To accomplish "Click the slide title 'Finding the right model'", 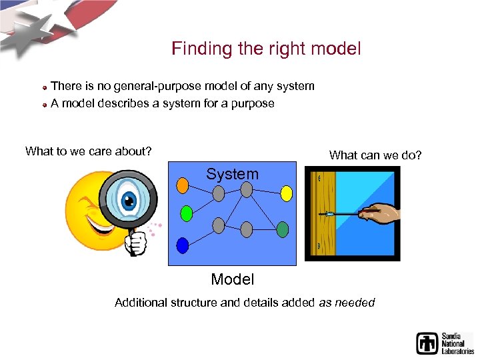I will point(266,49).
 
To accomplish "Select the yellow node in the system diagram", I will point(286,193).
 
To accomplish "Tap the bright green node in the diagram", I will point(187,214).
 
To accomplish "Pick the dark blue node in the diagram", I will point(183,243).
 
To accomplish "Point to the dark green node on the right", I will point(283,230).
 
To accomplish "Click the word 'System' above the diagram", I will point(232,175).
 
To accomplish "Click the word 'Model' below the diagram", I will point(232,279).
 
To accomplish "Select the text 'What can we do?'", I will point(375,155).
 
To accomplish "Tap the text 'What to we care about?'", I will point(88,151).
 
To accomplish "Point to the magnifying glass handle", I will point(137,242).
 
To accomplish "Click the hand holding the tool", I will point(381,214).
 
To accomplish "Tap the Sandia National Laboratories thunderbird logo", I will point(427,343).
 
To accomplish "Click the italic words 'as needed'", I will point(347,303).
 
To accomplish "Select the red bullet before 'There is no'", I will point(44,87).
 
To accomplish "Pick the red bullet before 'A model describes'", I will point(44,105).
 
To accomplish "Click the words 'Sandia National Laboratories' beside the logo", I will point(457,343).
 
